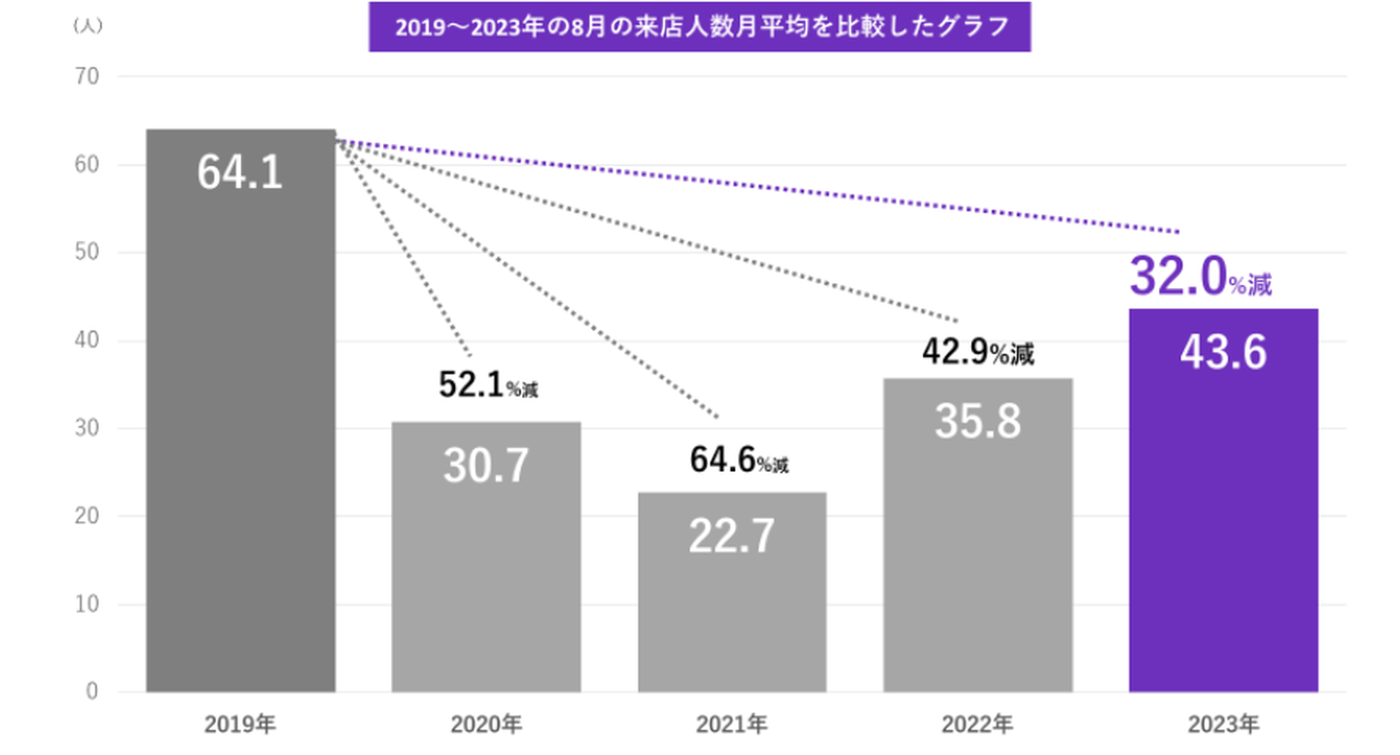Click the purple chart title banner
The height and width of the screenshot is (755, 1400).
[x=699, y=26]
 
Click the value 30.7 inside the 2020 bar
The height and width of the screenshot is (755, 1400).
[x=486, y=466]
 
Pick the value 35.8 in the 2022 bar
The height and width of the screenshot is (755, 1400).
[x=977, y=422]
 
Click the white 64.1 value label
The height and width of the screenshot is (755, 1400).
[x=239, y=173]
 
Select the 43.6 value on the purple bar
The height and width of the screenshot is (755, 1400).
[x=1223, y=352]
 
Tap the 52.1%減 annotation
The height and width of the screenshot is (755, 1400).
[x=487, y=386]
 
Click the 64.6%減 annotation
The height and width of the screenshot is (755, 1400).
[x=739, y=460]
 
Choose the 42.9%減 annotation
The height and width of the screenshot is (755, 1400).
[x=977, y=353]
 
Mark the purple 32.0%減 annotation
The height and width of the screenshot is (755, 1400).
[x=1201, y=279]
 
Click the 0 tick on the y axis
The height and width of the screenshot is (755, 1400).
[x=92, y=692]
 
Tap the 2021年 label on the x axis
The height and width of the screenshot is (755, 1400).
[x=731, y=724]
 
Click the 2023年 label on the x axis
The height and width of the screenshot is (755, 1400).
[x=1223, y=724]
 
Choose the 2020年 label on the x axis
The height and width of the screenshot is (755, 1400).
[x=486, y=724]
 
